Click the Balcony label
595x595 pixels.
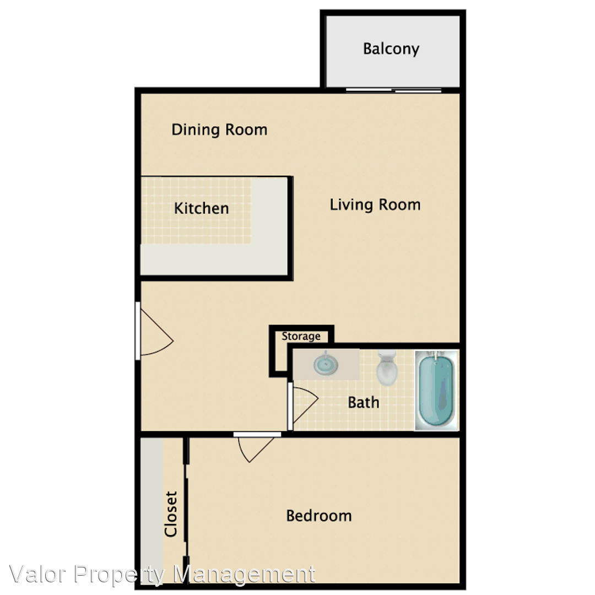tap(391, 49)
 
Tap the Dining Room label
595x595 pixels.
tap(219, 130)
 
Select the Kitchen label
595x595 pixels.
tap(201, 208)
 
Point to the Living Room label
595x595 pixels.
tap(375, 205)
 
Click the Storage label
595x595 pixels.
tap(301, 336)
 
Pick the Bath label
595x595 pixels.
tap(364, 402)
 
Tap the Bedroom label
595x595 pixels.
tap(319, 516)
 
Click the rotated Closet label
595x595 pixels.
tap(171, 514)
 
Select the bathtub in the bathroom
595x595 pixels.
tap(436, 390)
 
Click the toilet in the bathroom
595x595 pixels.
tap(387, 367)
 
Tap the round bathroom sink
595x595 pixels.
tap(326, 364)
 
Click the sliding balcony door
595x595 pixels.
tap(393, 90)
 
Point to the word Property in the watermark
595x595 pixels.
tap(120, 575)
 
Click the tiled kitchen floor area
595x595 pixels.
tap(196, 210)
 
